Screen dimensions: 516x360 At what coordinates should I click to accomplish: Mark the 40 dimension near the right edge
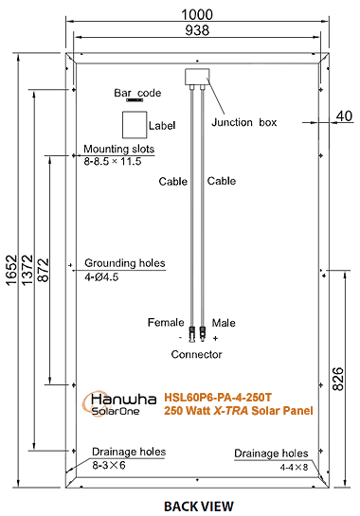[x=343, y=117]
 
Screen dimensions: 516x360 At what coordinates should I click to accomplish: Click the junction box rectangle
[x=196, y=76]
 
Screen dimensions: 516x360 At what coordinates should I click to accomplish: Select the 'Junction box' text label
[x=243, y=123]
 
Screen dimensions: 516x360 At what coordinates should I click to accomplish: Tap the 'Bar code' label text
[x=138, y=94]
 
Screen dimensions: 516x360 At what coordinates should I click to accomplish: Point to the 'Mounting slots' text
[x=118, y=150]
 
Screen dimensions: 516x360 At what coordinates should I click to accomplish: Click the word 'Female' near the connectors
[x=165, y=323]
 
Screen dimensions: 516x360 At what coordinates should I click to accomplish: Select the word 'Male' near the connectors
[x=225, y=323]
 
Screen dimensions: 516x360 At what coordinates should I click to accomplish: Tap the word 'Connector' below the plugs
[x=196, y=354]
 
